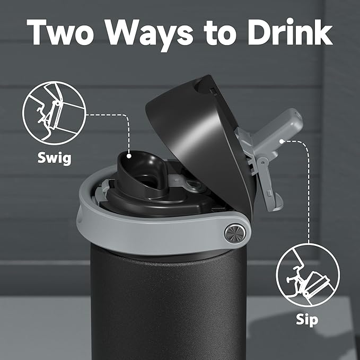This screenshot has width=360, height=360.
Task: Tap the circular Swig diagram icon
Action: [x=46, y=113]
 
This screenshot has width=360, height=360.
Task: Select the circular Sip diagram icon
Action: [x=308, y=274]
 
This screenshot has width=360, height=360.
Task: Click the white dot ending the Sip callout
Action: [x=282, y=141]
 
